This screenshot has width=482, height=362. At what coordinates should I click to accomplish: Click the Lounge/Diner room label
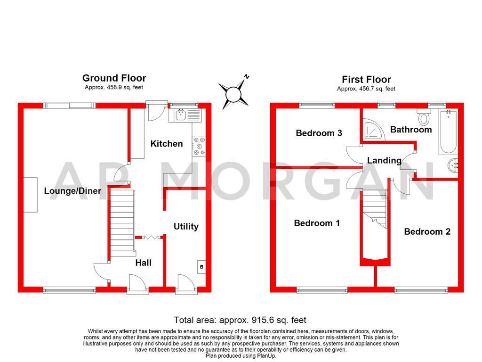click(x=72, y=191)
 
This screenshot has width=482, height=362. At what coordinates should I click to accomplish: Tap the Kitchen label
click(x=166, y=144)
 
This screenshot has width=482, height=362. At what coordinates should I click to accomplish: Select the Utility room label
click(x=186, y=227)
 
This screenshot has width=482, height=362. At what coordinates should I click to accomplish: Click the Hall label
click(x=144, y=263)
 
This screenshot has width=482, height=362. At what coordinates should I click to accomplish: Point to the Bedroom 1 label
click(x=317, y=223)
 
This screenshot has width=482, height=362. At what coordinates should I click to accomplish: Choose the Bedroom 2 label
click(x=427, y=231)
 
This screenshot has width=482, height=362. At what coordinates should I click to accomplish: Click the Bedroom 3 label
click(x=319, y=133)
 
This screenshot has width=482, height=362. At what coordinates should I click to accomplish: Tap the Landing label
click(x=384, y=160)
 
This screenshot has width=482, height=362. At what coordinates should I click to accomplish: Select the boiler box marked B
click(x=201, y=267)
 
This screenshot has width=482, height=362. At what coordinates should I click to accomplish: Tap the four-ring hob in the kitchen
click(x=198, y=146)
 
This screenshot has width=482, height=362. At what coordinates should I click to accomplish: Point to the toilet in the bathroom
click(x=423, y=117)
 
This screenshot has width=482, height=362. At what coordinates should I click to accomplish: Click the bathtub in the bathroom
click(x=448, y=132)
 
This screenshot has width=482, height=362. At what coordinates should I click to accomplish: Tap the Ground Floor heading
click(x=114, y=78)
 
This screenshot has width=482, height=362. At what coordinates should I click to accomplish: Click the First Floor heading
click(x=366, y=79)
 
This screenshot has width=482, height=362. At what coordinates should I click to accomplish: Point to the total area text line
click(x=240, y=320)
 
